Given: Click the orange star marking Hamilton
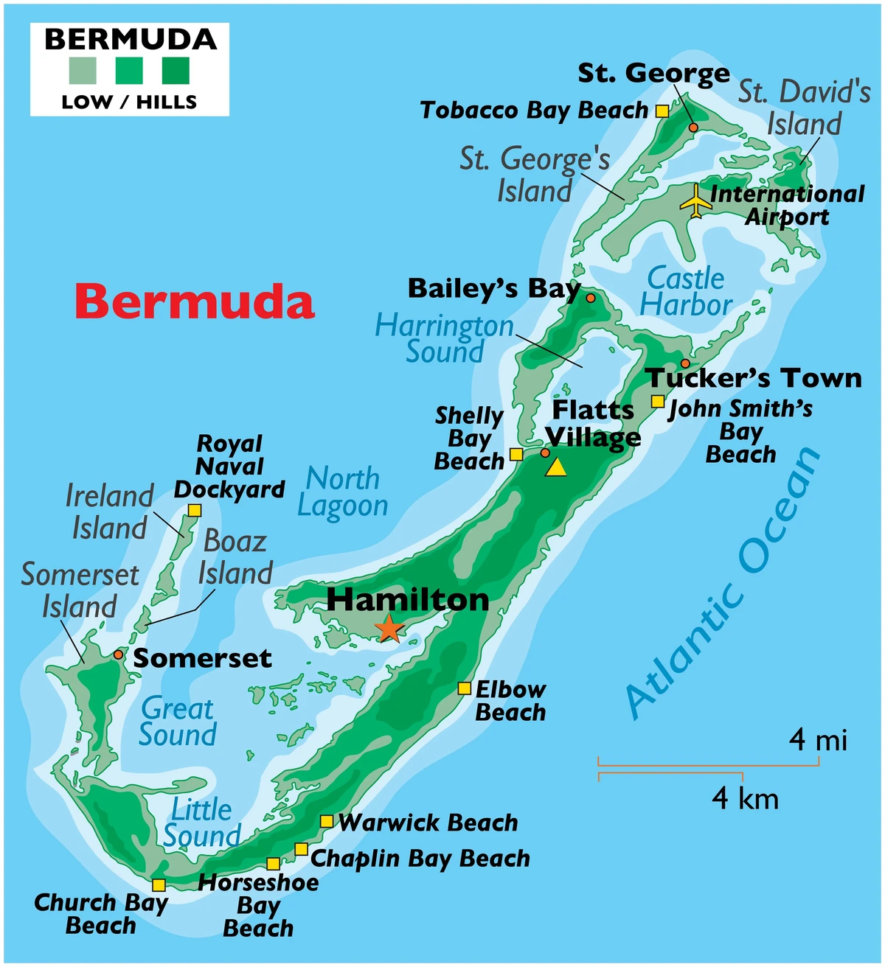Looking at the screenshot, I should (x=389, y=629).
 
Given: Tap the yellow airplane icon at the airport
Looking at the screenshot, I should (x=695, y=200).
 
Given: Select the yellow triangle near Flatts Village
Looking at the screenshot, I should (x=556, y=467).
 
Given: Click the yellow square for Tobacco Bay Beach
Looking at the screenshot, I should (x=662, y=111).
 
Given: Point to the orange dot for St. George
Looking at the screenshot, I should (x=693, y=128).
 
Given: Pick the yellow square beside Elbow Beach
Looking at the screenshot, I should (x=464, y=688).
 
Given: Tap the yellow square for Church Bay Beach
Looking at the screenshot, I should (x=159, y=885).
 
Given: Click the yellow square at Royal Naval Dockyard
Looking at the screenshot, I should (x=195, y=510).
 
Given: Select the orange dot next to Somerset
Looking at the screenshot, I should (x=118, y=654).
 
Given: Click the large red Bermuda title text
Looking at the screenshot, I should (x=195, y=302).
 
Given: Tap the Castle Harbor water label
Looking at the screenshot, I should (x=685, y=291).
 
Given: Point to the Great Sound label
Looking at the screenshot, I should (x=178, y=722).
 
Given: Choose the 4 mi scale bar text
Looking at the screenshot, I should (x=818, y=739).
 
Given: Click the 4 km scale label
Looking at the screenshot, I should (x=745, y=798).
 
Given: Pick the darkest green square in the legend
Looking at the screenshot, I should (x=176, y=71).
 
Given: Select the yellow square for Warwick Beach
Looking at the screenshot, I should (x=326, y=821).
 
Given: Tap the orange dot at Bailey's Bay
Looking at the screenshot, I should (x=590, y=298).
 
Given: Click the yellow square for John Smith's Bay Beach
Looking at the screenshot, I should (x=657, y=402).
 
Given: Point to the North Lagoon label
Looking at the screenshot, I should (x=343, y=492).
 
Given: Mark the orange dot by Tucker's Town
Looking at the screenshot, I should (x=685, y=363).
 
